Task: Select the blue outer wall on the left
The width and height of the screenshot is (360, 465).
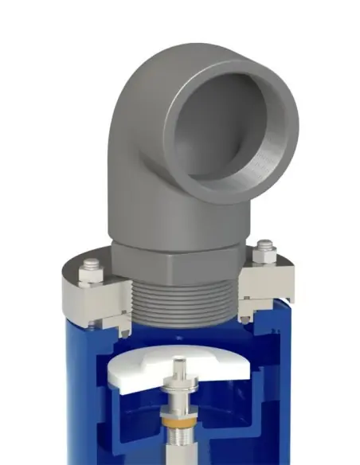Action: pyautogui.click(x=72, y=382)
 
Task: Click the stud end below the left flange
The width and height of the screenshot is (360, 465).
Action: pyautogui.click(x=95, y=324)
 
